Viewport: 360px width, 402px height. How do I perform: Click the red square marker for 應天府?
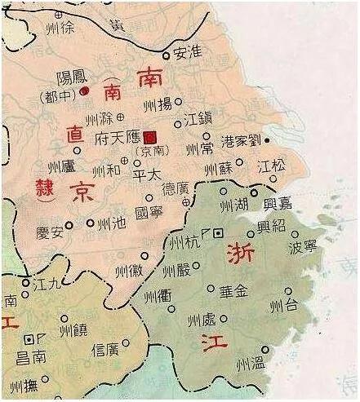pos(149,137)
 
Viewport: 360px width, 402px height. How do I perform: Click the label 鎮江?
pos(200,120)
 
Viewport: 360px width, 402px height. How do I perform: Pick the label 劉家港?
pos(244,140)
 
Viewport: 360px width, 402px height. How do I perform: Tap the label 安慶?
pos(51,232)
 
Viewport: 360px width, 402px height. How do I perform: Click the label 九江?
pos(43,283)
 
